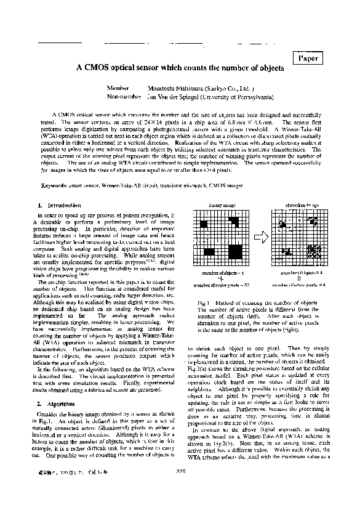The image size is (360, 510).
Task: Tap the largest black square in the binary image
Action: (x=234, y=251)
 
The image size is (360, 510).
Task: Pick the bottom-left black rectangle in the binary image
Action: (x=209, y=251)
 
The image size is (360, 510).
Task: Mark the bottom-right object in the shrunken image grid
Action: (x=314, y=251)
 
